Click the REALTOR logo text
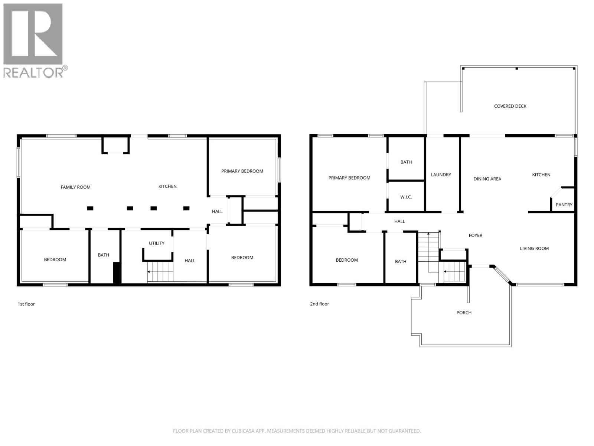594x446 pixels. click(x=33, y=72)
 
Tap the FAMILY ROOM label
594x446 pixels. click(x=76, y=187)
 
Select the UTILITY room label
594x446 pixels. click(x=157, y=243)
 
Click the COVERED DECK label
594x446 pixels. click(x=510, y=106)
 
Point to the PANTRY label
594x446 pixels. click(x=564, y=205)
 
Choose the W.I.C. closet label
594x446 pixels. click(x=406, y=197)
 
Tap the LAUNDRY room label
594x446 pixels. click(x=441, y=175)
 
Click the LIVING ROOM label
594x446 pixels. click(x=534, y=249)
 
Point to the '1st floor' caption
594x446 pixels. click(x=26, y=304)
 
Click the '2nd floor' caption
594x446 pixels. click(x=320, y=304)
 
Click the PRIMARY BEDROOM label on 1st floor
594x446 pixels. click(x=242, y=171)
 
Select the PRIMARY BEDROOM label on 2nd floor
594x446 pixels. click(x=349, y=178)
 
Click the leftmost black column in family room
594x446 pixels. click(x=90, y=209)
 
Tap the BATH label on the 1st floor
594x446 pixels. click(x=104, y=255)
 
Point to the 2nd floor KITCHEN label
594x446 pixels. click(x=541, y=175)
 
